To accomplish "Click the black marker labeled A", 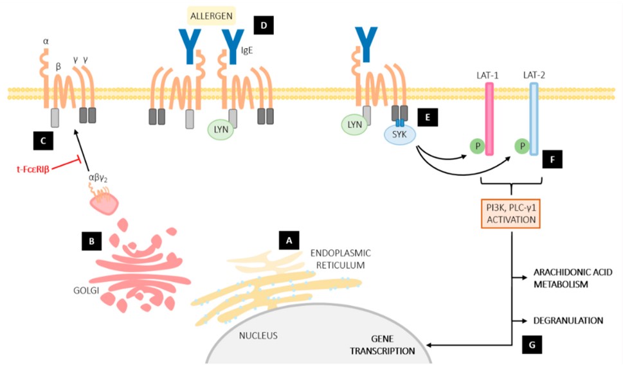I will pos(289,240).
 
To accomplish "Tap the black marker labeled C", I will pos(42,140).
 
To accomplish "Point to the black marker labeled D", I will pos(264,25).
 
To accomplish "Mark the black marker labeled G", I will pos(532,344).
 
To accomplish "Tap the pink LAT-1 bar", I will pos(489,118).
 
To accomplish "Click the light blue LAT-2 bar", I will pos(533,118).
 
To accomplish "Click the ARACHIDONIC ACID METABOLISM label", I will pos(571,277).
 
